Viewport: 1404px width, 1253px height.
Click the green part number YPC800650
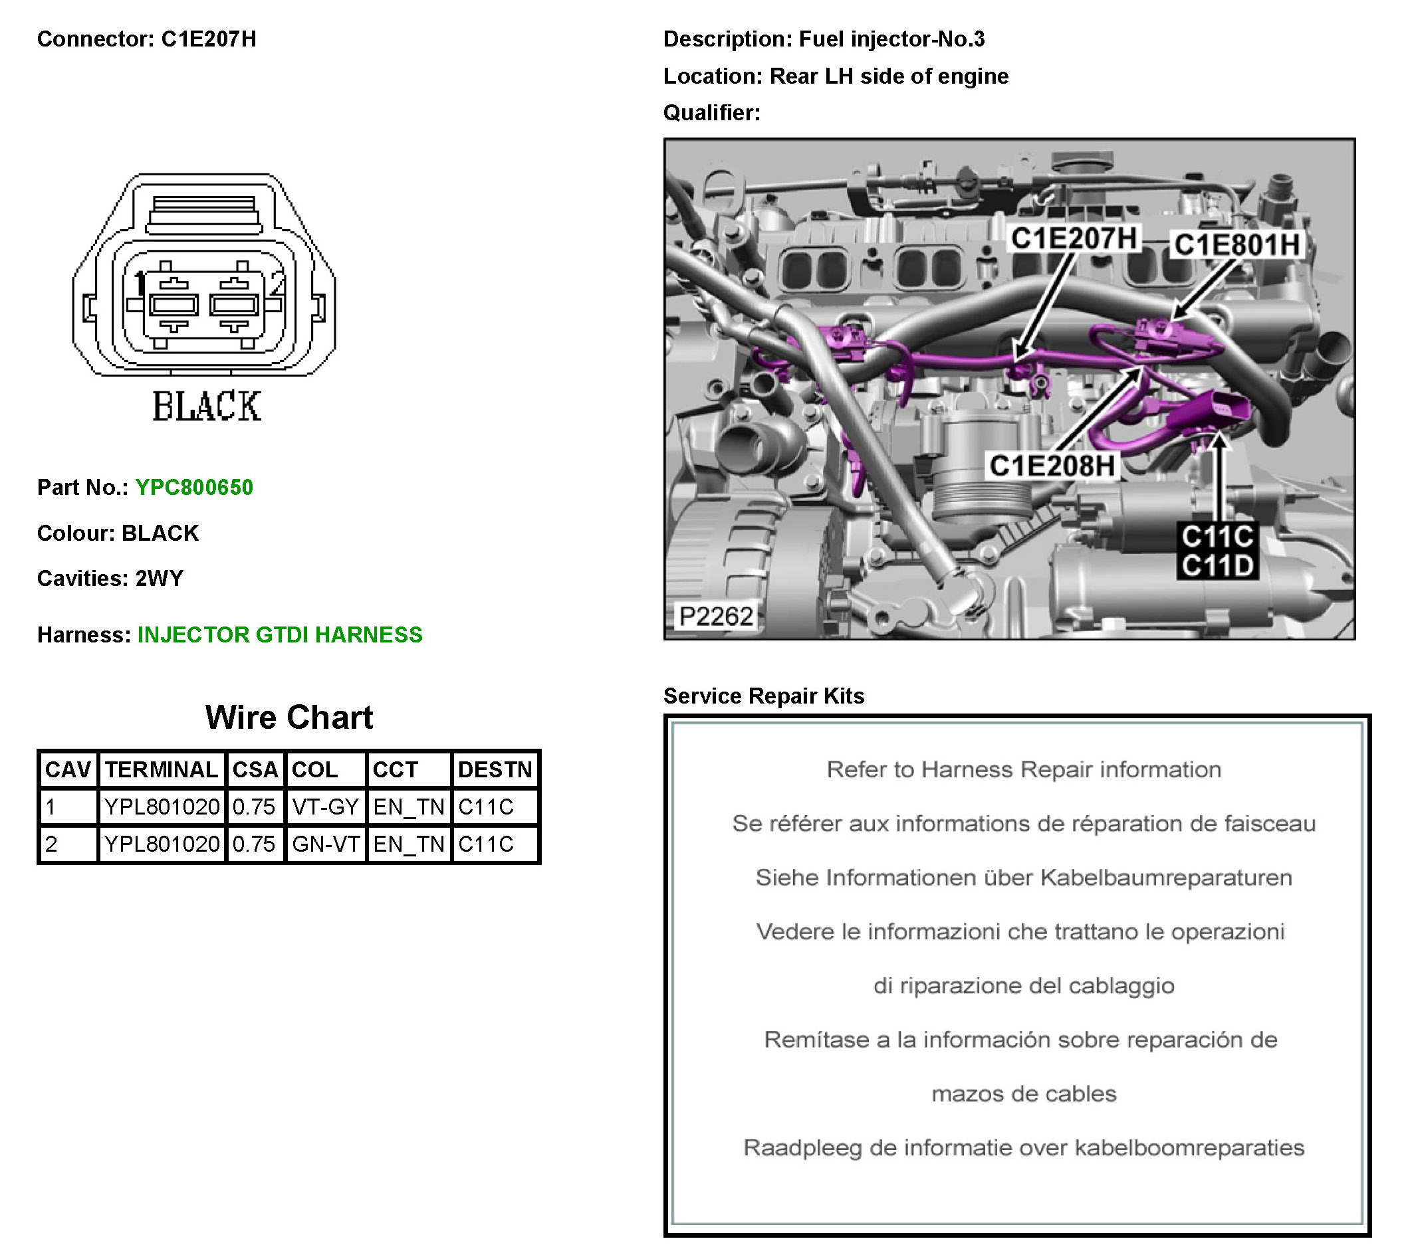click(x=193, y=488)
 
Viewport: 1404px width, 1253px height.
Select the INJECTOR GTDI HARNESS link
click(x=280, y=634)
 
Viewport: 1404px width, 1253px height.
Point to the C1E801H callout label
click(x=1236, y=245)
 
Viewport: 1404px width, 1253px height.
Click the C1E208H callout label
click(x=1052, y=466)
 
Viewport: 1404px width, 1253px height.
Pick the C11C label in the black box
click(x=1217, y=536)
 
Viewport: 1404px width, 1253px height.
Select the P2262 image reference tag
click(x=715, y=616)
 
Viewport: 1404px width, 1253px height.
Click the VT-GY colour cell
click(x=325, y=807)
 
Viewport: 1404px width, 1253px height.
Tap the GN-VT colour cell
click(x=325, y=844)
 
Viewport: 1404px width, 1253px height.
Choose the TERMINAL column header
click(x=161, y=770)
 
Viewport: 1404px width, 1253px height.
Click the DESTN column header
click(x=495, y=770)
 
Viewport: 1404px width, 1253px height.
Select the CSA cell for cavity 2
click(x=253, y=844)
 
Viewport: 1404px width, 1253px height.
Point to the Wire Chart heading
click(x=289, y=718)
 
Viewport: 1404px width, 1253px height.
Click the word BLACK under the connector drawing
click(x=206, y=406)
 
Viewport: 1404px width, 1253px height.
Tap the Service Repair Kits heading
click(x=763, y=696)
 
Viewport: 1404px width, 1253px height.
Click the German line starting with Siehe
click(x=1023, y=878)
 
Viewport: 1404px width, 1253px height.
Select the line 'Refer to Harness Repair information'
click(x=1023, y=770)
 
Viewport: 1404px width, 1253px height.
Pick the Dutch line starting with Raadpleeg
click(x=1023, y=1147)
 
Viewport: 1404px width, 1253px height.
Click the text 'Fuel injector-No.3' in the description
click(x=891, y=39)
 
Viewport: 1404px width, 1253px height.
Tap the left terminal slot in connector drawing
click(x=174, y=304)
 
